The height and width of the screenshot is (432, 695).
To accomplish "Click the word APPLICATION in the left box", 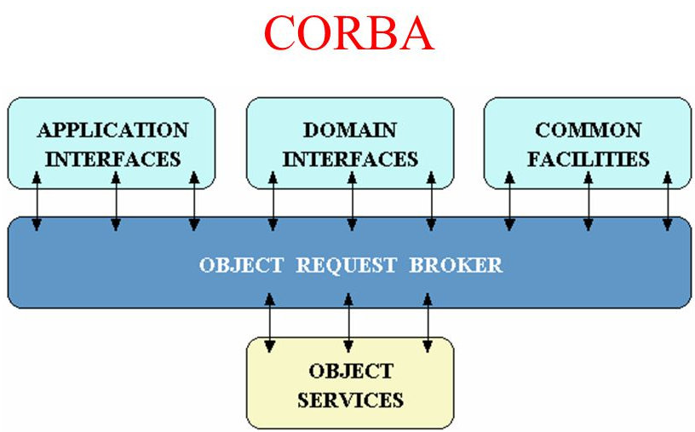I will click(112, 130).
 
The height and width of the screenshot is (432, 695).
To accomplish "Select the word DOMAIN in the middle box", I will click(350, 130).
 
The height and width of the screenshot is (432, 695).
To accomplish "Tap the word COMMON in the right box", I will click(588, 130).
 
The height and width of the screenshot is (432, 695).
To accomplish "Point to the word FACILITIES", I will click(588, 158).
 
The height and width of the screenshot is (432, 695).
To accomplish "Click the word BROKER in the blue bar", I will click(456, 265).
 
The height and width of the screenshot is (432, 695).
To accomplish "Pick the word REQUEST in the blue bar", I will click(346, 265).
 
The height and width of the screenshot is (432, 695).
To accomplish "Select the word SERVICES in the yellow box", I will click(350, 399).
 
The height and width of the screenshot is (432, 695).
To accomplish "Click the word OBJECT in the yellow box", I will click(350, 372).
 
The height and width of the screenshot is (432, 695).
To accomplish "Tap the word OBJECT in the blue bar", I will click(241, 265).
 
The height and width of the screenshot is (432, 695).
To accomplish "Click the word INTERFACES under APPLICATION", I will click(112, 158).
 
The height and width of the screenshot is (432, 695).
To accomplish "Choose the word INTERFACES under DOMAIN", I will click(350, 158).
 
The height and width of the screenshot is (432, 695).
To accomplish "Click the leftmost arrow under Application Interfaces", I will click(37, 201).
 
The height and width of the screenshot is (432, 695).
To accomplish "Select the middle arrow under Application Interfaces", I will click(116, 201).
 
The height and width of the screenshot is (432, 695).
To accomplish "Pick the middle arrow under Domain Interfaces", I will click(351, 201).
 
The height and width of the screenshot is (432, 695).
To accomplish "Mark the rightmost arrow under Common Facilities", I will click(667, 201).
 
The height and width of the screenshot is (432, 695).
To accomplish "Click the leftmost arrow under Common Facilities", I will click(509, 201).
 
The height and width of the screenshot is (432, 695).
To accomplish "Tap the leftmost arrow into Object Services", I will click(270, 323).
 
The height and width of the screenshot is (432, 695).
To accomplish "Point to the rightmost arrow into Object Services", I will click(427, 323).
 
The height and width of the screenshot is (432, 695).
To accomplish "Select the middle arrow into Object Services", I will click(348, 323).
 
